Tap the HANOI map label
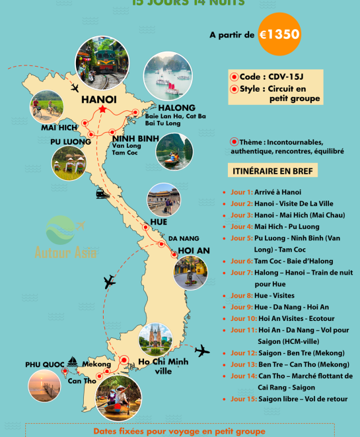[98, 100]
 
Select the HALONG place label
[176, 108]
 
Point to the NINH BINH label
[135, 138]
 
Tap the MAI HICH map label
[59, 127]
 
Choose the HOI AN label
[194, 251]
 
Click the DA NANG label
[183, 238]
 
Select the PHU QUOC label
[44, 365]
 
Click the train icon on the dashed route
[102, 193]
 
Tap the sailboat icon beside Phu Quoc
[72, 362]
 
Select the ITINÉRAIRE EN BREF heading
[273, 171]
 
